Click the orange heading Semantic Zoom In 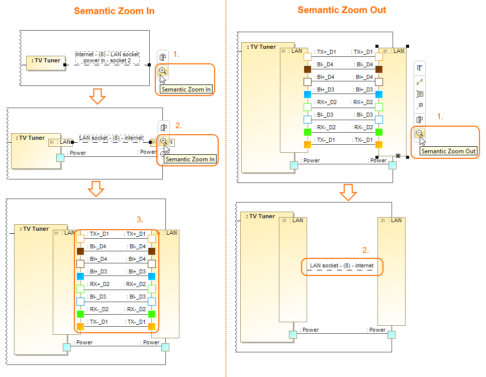pyautogui.click(x=114, y=11)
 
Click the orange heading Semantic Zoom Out pyautogui.click(x=342, y=10)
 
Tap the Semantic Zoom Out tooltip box pyautogui.click(x=449, y=151)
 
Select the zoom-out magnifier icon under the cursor pyautogui.click(x=419, y=133)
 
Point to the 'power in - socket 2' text pyautogui.click(x=108, y=60)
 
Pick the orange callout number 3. pyautogui.click(x=140, y=220)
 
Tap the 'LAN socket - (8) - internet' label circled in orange pyautogui.click(x=341, y=265)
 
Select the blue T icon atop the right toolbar pyautogui.click(x=419, y=68)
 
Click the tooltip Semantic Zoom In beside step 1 pyautogui.click(x=186, y=89)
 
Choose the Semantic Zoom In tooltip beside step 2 pyautogui.click(x=190, y=159)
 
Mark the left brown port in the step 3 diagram pyautogui.click(x=80, y=251)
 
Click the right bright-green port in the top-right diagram pyautogui.click(x=379, y=132)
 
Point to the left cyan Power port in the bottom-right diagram pyautogui.click(x=294, y=335)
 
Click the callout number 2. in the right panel pyautogui.click(x=366, y=249)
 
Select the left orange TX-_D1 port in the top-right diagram pyautogui.click(x=308, y=144)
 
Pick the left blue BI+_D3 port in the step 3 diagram pyautogui.click(x=80, y=276)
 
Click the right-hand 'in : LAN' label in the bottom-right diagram pyautogui.click(x=392, y=220)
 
